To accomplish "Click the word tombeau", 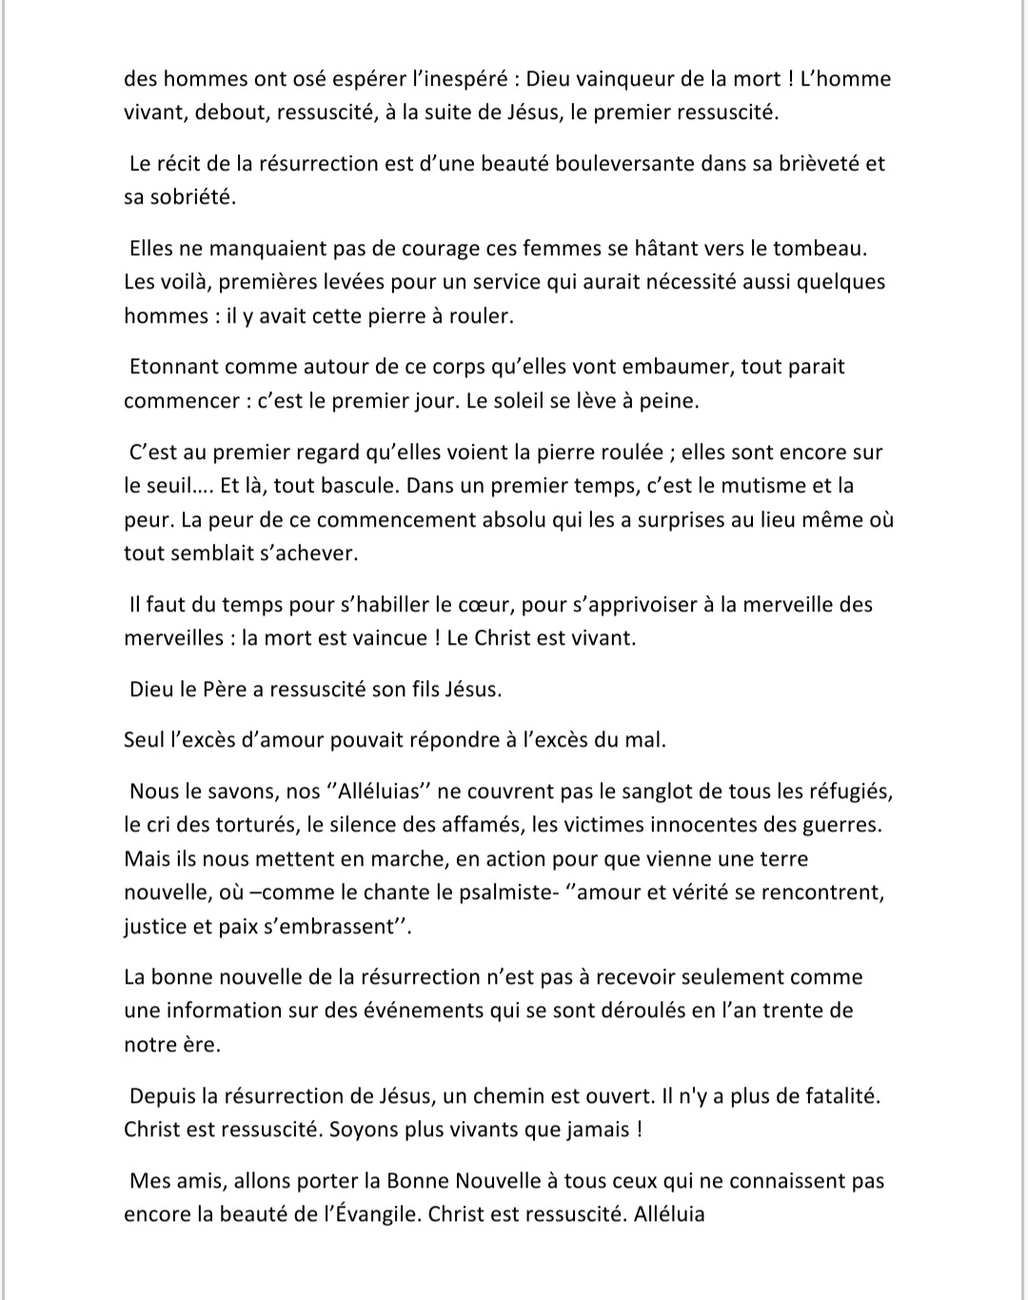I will click(819, 249).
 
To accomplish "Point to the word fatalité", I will click(832, 1095).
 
